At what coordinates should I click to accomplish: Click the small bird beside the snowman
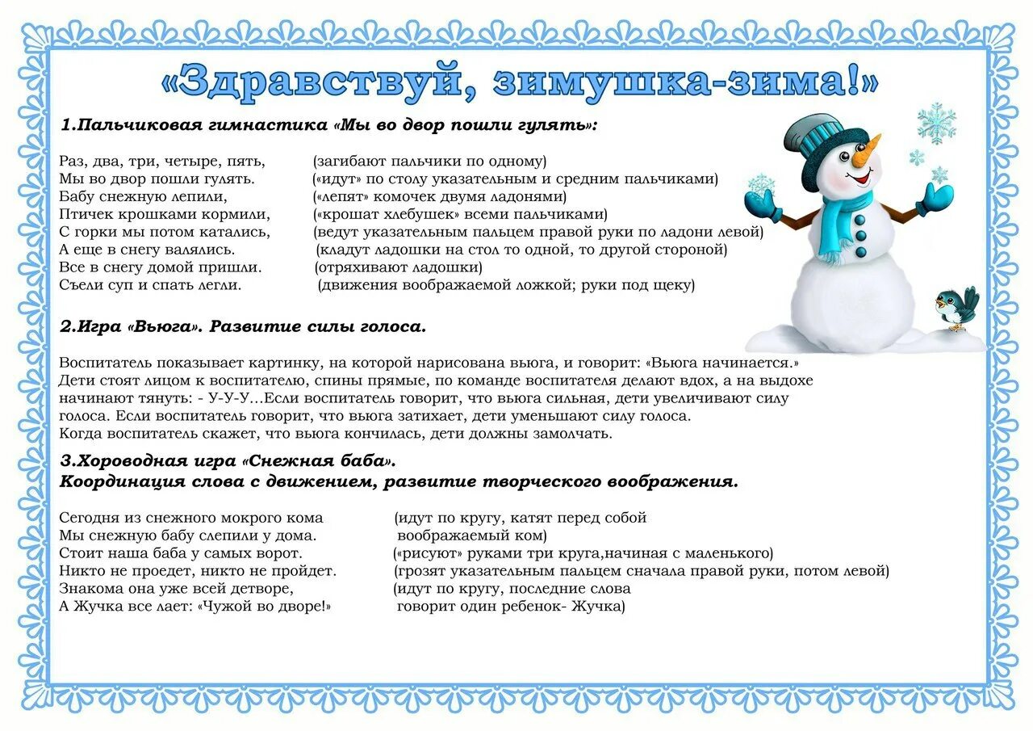coord(957,306)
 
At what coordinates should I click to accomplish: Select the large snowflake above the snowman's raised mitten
coord(936,123)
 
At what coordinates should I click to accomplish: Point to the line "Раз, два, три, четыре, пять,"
coord(162,161)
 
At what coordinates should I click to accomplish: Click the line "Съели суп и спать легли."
coord(150,285)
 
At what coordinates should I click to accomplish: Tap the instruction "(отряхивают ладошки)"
coord(398,267)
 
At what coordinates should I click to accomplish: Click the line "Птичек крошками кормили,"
coord(165,214)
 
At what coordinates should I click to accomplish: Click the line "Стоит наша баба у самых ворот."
coord(181,553)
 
